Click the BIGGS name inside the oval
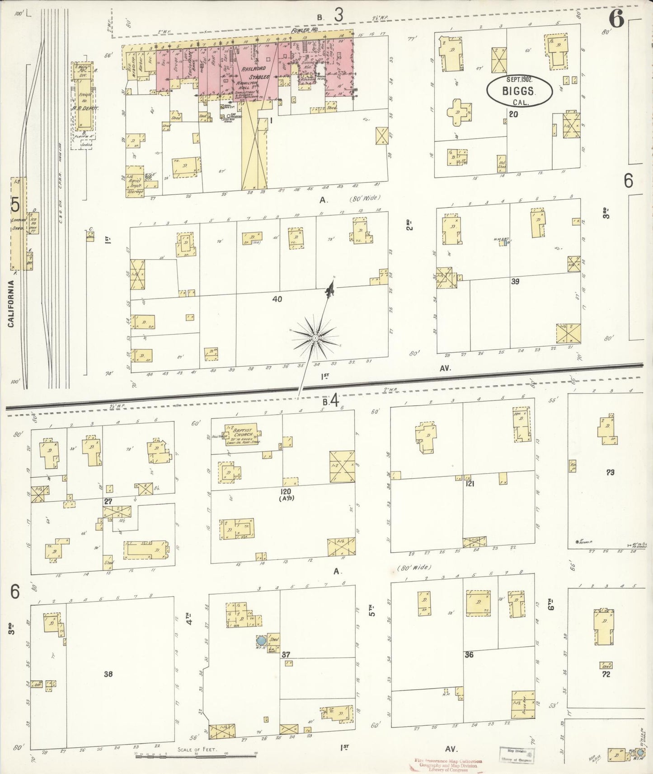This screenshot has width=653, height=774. (519, 91)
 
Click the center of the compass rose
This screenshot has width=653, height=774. (315, 338)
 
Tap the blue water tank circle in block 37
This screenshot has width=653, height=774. (261, 640)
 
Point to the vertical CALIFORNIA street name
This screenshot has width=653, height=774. (11, 303)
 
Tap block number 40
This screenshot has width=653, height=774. (277, 299)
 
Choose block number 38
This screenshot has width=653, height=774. (108, 674)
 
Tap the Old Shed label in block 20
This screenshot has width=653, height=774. (502, 163)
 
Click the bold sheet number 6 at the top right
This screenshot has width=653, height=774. (616, 19)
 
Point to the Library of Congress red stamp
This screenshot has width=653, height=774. (448, 765)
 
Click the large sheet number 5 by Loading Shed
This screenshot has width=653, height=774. (15, 205)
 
